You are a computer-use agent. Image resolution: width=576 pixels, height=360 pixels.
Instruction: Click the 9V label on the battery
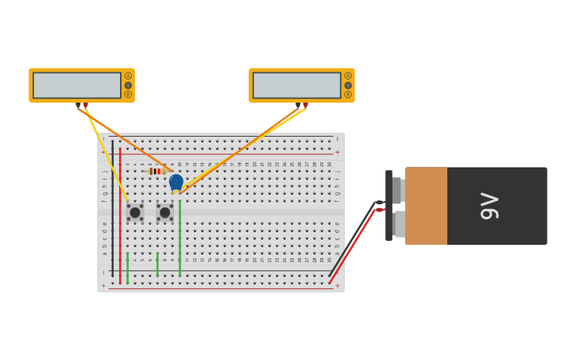tap(490, 206)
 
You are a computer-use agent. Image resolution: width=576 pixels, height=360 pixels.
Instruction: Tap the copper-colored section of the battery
tap(426, 206)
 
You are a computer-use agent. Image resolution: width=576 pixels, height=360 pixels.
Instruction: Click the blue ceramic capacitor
tap(176, 182)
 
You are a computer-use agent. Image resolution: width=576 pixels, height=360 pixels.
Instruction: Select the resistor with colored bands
tap(157, 171)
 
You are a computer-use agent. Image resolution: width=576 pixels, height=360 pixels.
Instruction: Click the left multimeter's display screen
tap(77, 85)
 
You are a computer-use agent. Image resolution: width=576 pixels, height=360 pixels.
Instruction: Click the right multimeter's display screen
tap(296, 85)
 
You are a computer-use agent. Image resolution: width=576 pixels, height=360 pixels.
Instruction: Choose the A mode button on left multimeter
tap(128, 76)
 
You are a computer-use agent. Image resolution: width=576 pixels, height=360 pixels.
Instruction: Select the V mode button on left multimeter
tap(128, 85)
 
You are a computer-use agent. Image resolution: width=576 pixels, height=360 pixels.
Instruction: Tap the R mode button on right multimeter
tap(348, 95)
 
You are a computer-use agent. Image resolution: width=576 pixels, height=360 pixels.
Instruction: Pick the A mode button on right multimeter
tap(348, 76)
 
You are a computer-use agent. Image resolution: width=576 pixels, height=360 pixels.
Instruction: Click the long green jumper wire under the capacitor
tap(180, 238)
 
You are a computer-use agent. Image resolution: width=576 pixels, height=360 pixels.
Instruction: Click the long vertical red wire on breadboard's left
tap(120, 215)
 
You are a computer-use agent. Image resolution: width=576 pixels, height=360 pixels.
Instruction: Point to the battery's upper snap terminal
tap(398, 191)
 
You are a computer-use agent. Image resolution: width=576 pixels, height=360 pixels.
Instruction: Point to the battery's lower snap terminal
tap(398, 223)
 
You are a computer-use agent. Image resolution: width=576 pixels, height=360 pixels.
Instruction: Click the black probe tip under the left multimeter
tap(78, 105)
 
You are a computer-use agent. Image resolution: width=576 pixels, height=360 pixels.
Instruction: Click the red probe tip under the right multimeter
tap(305, 105)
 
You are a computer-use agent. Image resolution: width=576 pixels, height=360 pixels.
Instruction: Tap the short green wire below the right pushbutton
tap(157, 265)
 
